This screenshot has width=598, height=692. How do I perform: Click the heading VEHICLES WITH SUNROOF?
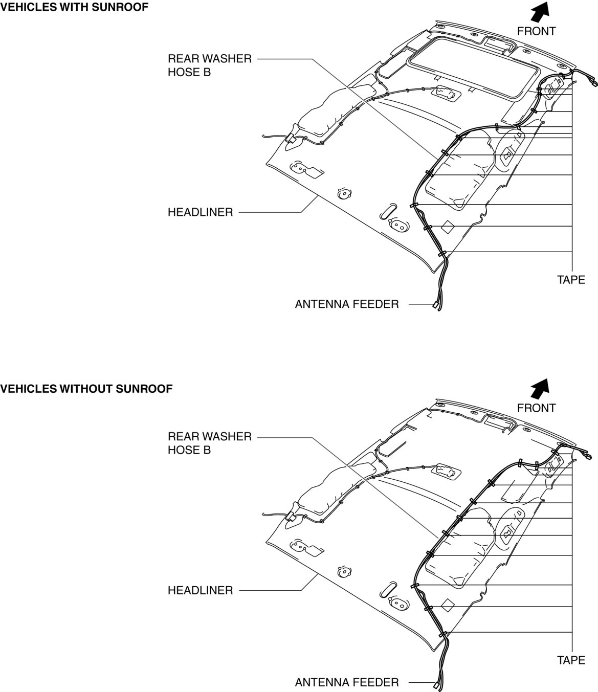74,8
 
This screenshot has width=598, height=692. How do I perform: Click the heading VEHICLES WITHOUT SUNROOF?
86,389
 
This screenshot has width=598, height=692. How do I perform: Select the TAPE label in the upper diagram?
571,280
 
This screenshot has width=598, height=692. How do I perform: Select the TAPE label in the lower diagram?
571,660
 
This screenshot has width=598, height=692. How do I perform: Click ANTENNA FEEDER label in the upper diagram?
346,304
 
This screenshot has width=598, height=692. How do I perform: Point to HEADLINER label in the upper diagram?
200,212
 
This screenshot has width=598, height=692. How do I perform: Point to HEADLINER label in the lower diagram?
200,590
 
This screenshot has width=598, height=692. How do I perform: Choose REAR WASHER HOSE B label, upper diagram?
210,65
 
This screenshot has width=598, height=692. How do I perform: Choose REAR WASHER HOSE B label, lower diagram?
210,443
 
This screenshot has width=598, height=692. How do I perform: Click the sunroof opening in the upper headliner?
473,66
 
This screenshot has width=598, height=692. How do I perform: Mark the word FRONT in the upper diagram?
536,31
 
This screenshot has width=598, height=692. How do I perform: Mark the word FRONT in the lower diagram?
536,408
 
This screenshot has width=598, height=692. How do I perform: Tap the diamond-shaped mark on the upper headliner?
448,227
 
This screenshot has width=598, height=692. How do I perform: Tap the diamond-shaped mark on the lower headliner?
448,606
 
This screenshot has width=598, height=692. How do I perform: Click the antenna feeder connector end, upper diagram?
435,305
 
